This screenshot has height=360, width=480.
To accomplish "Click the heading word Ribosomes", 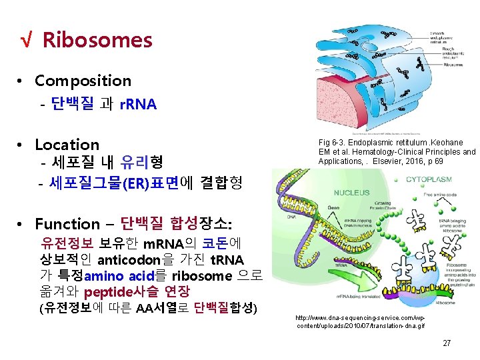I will (97, 41).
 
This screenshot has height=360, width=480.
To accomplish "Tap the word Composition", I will (83, 81).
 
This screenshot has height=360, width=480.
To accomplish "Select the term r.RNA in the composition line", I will (138, 105).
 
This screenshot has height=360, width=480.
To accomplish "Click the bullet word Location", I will (67, 145).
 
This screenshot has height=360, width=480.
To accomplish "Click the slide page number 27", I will (447, 343).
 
